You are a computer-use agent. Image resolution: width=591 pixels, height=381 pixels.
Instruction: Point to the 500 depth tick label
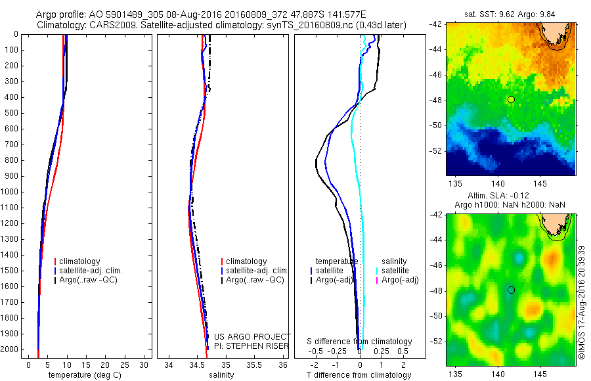[x=12, y=113]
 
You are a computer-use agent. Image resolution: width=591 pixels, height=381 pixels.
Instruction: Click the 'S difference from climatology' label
[x=359, y=342]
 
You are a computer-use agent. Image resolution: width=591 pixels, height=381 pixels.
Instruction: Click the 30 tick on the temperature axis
[x=146, y=365]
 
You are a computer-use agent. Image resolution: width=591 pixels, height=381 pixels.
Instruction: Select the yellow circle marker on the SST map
[x=511, y=99]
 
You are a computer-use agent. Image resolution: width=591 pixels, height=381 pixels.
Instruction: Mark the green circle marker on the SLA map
[x=511, y=290]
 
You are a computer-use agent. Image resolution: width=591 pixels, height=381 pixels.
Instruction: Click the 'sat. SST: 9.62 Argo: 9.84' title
[x=511, y=14]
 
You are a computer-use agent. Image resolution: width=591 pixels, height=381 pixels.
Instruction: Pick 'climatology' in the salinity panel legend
[x=246, y=261]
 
